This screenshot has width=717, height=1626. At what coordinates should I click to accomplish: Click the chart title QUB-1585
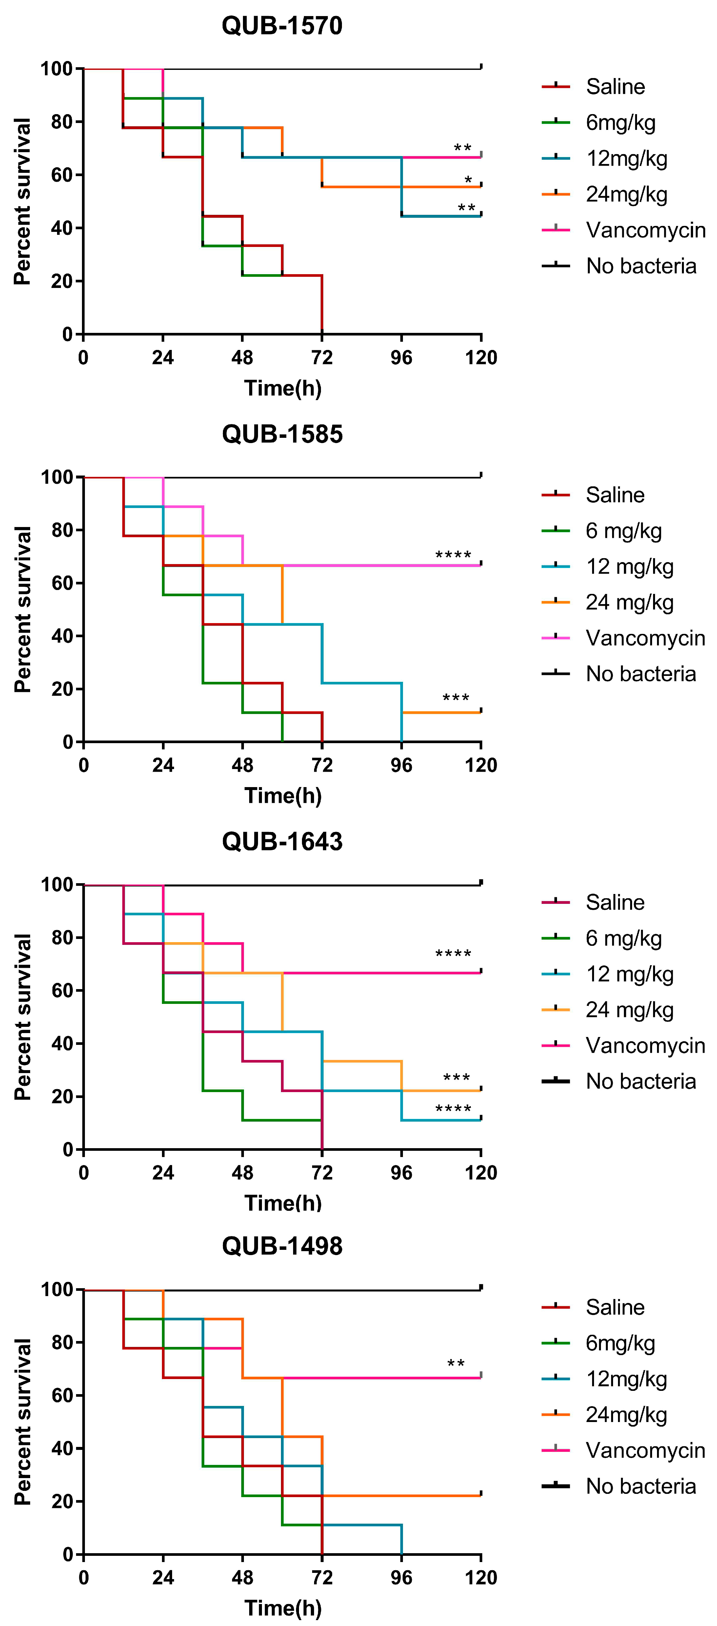pyautogui.click(x=282, y=434)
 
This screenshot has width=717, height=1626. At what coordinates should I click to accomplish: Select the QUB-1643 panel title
pyautogui.click(x=282, y=842)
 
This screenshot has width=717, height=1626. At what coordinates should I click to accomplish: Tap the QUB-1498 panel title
pyautogui.click(x=282, y=1246)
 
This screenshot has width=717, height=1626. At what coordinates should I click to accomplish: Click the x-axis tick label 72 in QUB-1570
pyautogui.click(x=322, y=358)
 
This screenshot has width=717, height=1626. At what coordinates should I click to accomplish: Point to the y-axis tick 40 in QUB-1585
pyautogui.click(x=62, y=636)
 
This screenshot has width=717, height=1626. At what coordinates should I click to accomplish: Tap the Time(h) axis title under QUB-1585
pyautogui.click(x=283, y=795)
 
